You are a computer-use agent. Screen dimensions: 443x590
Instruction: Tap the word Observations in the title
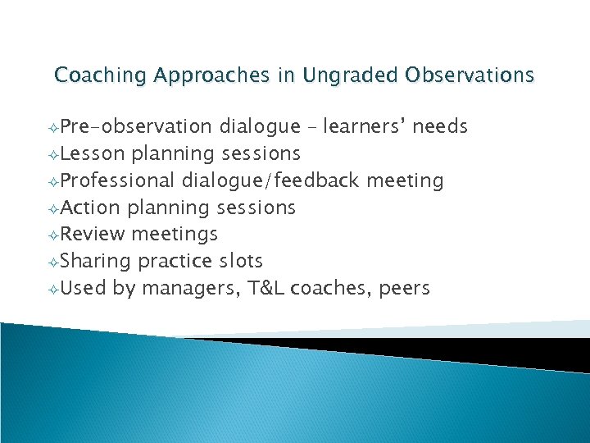468,75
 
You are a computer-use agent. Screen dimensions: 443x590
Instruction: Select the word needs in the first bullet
440,126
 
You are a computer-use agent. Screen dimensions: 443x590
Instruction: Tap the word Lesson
93,153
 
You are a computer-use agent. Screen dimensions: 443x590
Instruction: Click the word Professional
119,180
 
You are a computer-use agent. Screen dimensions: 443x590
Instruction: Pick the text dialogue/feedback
271,180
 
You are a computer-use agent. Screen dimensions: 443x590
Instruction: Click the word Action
90,208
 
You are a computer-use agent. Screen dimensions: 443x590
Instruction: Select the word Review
93,235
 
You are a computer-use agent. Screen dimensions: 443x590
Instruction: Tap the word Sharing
96,262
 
